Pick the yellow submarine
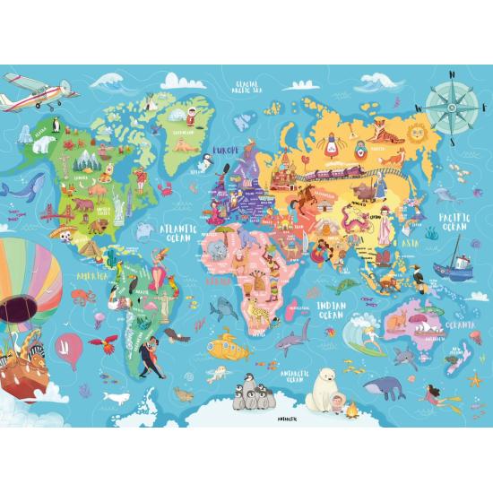coord(253,344)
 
